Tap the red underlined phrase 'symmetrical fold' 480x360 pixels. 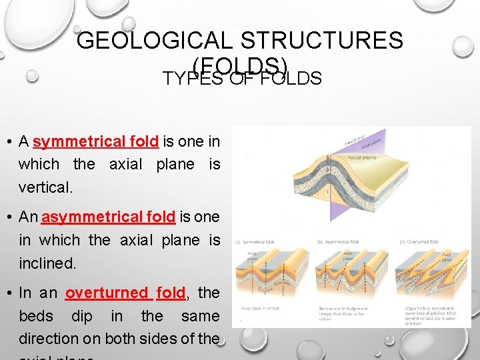click(x=95, y=141)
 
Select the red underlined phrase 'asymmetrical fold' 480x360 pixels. click(x=108, y=217)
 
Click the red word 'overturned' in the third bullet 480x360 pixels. click(x=107, y=293)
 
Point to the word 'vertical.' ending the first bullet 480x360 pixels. click(x=45, y=187)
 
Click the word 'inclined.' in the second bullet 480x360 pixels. click(x=47, y=263)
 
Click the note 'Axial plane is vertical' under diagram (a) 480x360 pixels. click(x=260, y=309)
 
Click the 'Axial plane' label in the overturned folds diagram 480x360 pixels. click(x=447, y=257)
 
